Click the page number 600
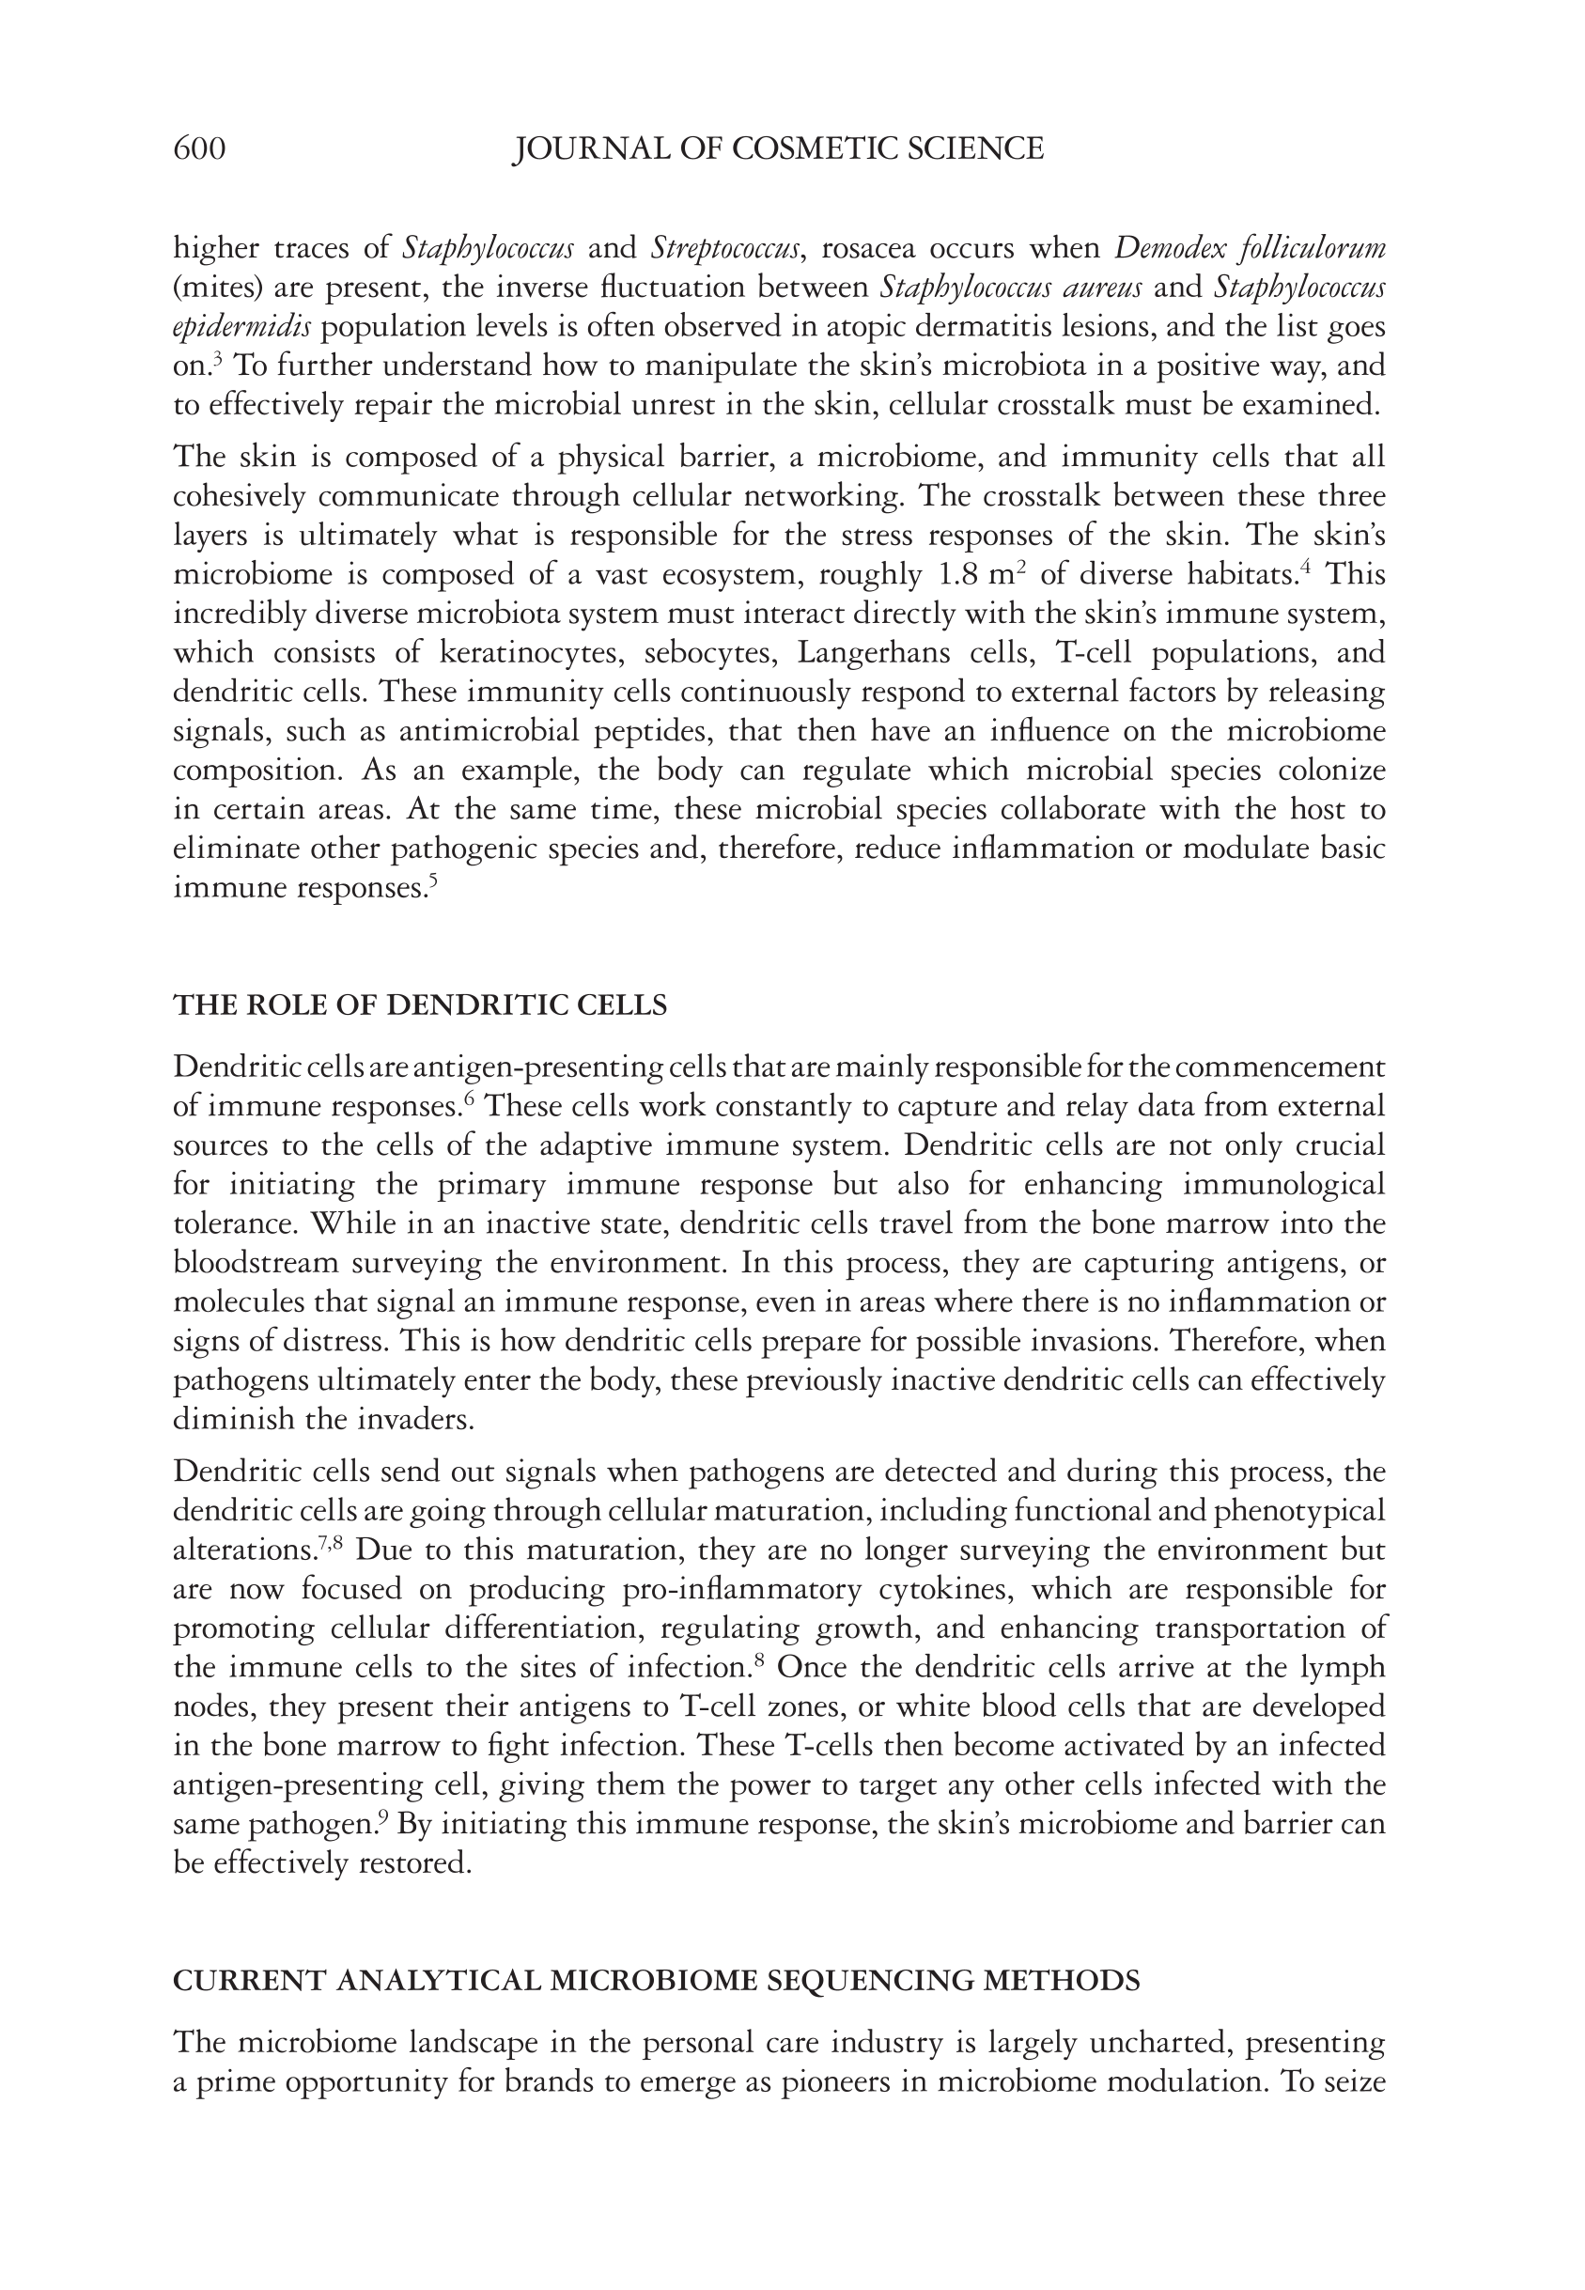199,149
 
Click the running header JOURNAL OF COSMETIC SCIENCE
778,149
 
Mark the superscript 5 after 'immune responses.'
433,880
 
